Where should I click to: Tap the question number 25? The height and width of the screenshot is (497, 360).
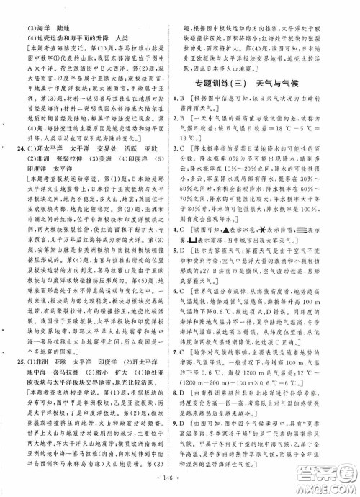pos(20,360)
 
